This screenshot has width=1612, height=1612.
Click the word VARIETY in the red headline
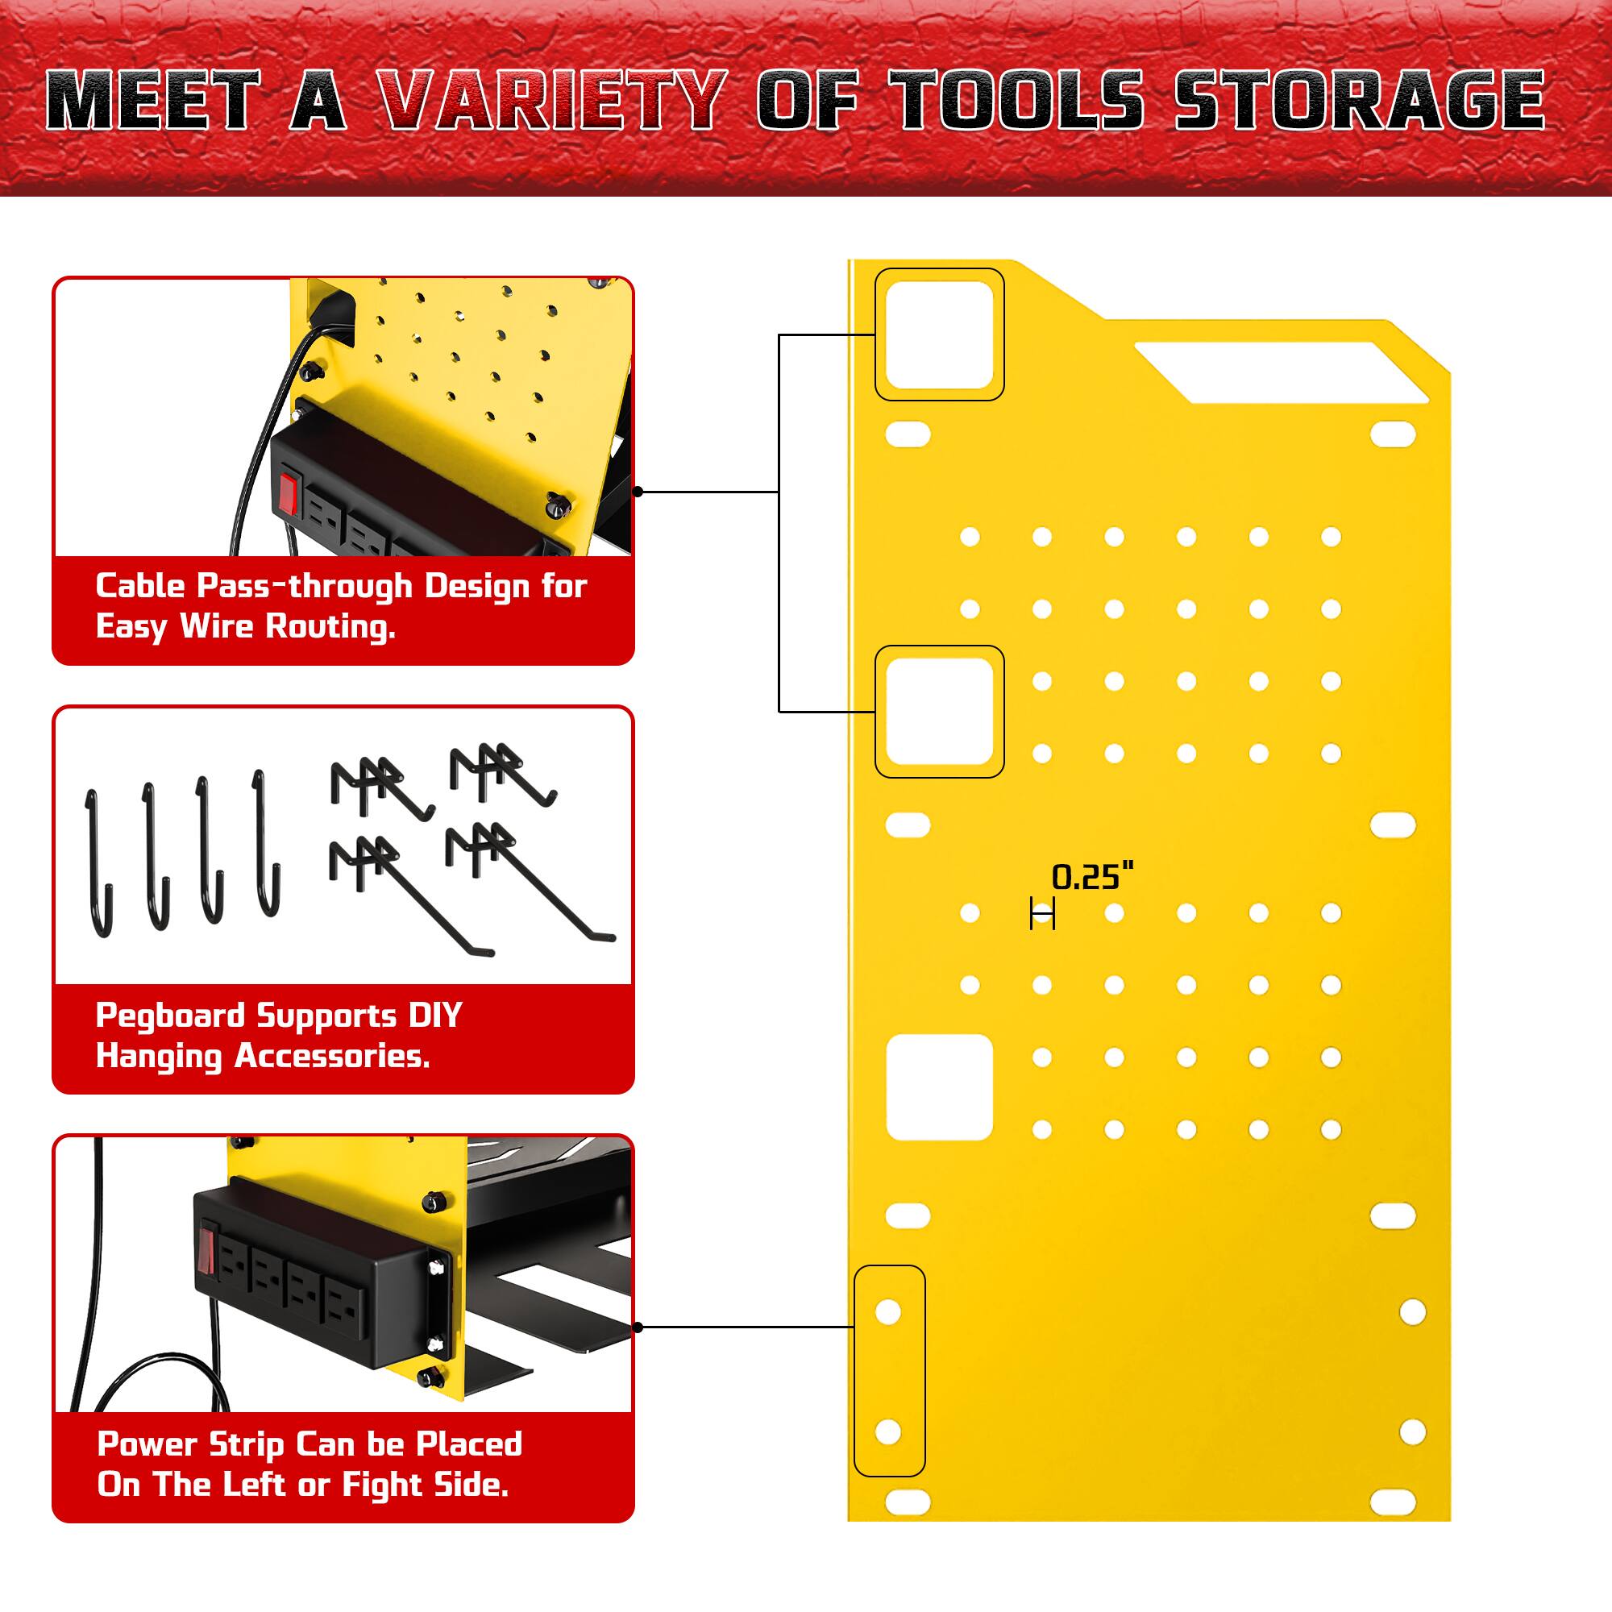point(550,100)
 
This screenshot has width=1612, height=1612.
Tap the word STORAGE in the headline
point(1360,100)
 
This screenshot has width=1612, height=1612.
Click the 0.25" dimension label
point(1092,877)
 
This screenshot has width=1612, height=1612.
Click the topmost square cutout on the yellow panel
point(940,334)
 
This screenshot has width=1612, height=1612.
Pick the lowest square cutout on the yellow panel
point(940,1087)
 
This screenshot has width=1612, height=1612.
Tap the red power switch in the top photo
point(289,492)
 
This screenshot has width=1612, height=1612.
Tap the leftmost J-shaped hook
point(98,863)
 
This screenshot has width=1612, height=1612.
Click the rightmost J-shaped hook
point(266,843)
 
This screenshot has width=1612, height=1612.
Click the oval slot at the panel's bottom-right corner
point(1393,1502)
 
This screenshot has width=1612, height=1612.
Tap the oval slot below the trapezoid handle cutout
point(1393,434)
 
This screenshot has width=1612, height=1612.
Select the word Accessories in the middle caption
point(332,1057)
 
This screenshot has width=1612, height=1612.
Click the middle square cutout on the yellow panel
point(940,712)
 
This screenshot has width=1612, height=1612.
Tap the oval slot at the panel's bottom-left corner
point(908,1502)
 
